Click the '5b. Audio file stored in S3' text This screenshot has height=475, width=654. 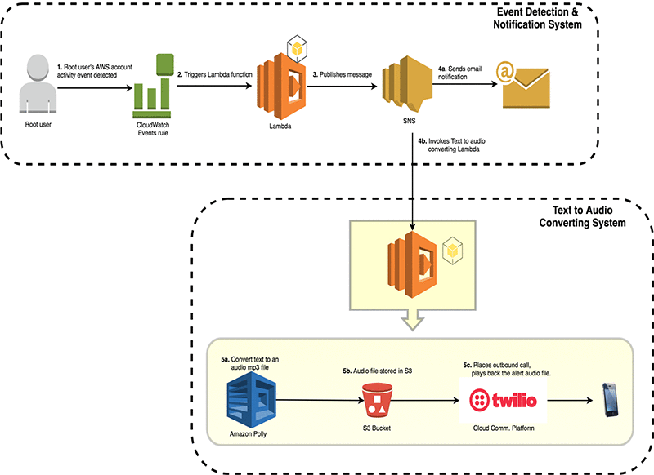pos(377,371)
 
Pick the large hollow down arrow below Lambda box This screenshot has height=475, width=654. pos(411,322)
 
